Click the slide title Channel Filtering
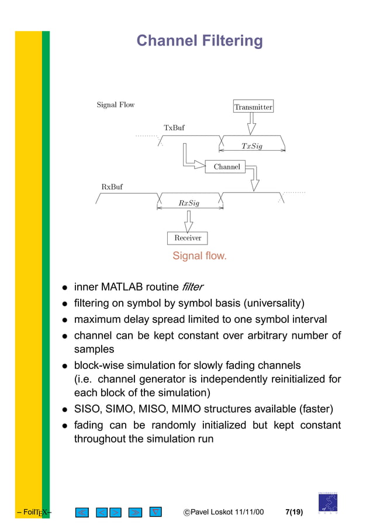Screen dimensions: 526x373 [x=199, y=41]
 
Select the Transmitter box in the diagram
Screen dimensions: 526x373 [x=253, y=107]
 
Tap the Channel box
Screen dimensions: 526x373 [x=227, y=167]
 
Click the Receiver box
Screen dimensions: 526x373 [x=188, y=238]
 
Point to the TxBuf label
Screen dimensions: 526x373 [x=174, y=127]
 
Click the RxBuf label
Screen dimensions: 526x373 [x=112, y=187]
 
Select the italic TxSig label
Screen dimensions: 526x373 [x=252, y=146]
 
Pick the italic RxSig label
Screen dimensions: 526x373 [x=189, y=203]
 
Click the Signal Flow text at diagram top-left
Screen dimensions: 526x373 [x=115, y=105]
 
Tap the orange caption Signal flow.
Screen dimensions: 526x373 [x=199, y=256]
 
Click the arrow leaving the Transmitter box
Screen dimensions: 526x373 [x=252, y=124]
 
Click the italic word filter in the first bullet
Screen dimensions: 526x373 [x=193, y=287]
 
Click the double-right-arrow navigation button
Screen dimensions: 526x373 [x=134, y=513]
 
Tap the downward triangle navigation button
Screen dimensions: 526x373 [x=155, y=512]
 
